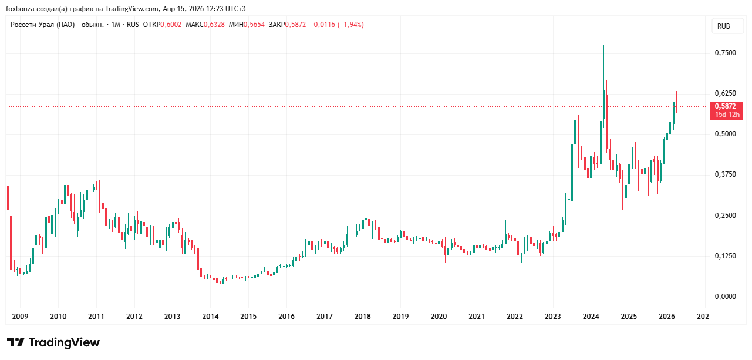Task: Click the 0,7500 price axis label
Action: coord(725,53)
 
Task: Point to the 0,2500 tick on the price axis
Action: coord(725,216)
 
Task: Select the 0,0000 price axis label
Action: coord(725,297)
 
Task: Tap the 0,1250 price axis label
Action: coord(725,256)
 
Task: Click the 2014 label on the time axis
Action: coord(210,317)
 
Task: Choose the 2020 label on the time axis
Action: coord(439,317)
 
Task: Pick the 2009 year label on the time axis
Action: coord(20,317)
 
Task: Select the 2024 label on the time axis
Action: coord(591,317)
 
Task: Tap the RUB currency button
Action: coord(724,26)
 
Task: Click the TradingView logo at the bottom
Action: coord(53,342)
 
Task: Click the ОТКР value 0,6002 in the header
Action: coord(171,25)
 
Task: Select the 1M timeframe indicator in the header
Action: coord(116,25)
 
